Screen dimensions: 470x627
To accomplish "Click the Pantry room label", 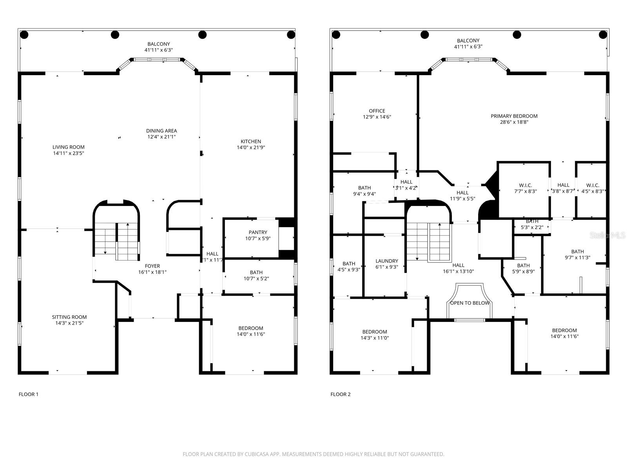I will point(258,232).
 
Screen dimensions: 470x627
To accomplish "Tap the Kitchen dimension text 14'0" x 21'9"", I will point(251,148).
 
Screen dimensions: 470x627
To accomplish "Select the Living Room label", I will point(69,147).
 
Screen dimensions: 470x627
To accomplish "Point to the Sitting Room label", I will point(69,317).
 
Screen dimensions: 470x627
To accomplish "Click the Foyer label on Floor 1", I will point(152,266).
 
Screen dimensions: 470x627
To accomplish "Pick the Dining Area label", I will point(161,131).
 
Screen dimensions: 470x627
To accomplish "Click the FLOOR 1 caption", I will point(29,394).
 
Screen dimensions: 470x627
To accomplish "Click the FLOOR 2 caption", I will point(341,394).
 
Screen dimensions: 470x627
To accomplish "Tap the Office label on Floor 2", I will point(377,111).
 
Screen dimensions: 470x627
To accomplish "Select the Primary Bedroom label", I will point(514,116).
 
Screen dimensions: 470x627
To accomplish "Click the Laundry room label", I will point(387,261).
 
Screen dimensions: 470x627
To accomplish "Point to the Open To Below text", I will point(469,303).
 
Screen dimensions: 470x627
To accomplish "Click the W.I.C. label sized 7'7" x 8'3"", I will point(525,185).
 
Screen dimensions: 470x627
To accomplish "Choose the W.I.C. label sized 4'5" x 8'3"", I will point(593,185).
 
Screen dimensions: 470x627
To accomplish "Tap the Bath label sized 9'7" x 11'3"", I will point(577,251).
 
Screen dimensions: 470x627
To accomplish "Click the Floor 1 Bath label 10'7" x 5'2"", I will point(256,273).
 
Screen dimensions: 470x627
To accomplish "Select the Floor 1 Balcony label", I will point(159,44).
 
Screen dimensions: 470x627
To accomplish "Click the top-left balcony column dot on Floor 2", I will point(336,35).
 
